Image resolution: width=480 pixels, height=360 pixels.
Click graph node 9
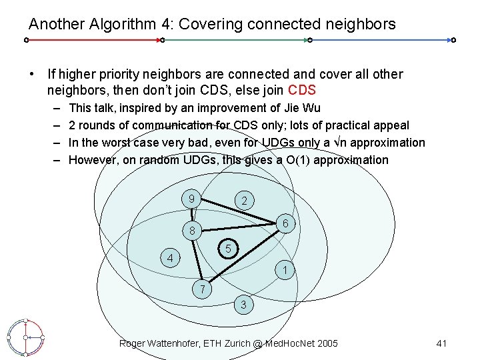coord(191,198)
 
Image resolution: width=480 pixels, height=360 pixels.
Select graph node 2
coord(245,201)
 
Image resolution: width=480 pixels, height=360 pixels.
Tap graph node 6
coord(285,225)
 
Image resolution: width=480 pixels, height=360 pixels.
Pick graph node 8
coord(191,231)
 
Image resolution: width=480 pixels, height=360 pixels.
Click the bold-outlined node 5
coord(228,249)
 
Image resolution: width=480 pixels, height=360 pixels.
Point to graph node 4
coord(171,258)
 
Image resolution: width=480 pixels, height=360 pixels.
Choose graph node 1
coord(285,271)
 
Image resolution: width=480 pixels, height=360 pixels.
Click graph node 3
coord(244,305)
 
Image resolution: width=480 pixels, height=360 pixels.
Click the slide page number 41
coord(441,343)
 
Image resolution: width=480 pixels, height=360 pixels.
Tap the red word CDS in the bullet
coord(301,90)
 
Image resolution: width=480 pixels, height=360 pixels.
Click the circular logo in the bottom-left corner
coord(25,337)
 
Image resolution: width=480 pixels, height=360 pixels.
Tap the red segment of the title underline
coord(93,40)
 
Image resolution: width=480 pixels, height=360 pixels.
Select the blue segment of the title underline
coord(380,40)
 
